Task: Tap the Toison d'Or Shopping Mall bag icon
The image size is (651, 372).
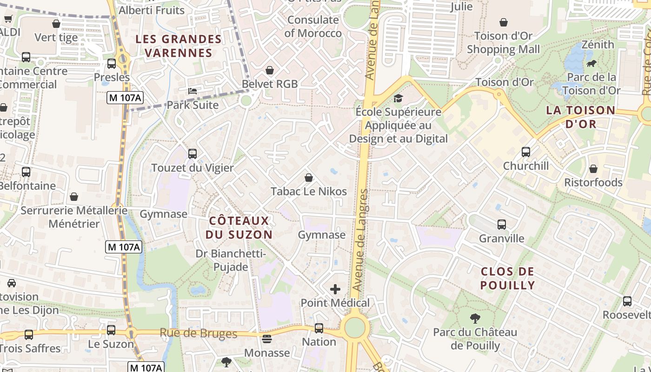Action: [503, 22]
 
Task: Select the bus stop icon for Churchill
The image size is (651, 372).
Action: [526, 152]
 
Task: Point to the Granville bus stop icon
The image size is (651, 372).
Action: [502, 225]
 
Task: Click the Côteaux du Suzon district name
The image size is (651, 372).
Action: [239, 227]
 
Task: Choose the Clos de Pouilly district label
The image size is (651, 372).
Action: [508, 278]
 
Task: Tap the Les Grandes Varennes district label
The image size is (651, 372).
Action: [179, 46]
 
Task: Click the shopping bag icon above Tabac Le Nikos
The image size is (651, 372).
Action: [308, 178]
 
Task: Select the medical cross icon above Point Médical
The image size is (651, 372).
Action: [335, 289]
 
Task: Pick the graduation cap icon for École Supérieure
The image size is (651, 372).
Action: [398, 98]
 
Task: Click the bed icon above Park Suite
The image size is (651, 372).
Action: [193, 91]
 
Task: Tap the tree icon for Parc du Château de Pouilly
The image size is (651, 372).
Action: [475, 319]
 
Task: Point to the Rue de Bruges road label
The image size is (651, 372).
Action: [199, 333]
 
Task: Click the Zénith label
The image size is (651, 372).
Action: [598, 45]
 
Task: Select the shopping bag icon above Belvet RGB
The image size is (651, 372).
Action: [270, 70]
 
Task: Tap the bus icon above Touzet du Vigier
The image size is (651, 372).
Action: [193, 153]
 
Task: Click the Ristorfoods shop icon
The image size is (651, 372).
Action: [593, 169]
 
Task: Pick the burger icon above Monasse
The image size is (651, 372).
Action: [267, 339]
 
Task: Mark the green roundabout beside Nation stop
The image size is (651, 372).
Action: [355, 327]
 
